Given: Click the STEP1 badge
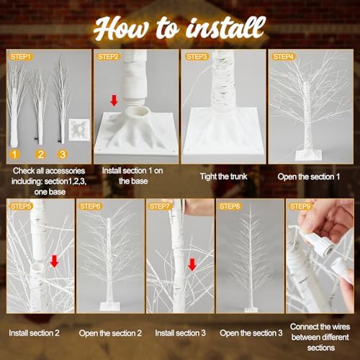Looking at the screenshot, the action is pos(21,57).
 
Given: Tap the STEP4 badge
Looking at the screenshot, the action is pos(283,57).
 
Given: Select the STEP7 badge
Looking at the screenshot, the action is pos(159,206).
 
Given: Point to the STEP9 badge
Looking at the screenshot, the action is pos(300,206).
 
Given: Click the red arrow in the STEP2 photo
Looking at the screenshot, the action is pos(114,100).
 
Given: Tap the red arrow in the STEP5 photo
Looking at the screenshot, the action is pos(55,261).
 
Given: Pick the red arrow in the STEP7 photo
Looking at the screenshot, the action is pos(192,264).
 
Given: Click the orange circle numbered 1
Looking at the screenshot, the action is pos(14,154).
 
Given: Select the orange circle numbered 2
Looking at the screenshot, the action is pos(40,154).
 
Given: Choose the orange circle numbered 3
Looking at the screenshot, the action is pos(63,154).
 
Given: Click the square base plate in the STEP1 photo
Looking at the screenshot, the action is pos(79,130).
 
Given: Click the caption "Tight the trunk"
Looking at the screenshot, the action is pos(224,176).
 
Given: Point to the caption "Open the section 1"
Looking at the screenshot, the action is pos(309,176).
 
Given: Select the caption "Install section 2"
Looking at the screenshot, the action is pos(34,333).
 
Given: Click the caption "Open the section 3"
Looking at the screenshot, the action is pos(251,333).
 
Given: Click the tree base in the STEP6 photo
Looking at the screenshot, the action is pos(110,305).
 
